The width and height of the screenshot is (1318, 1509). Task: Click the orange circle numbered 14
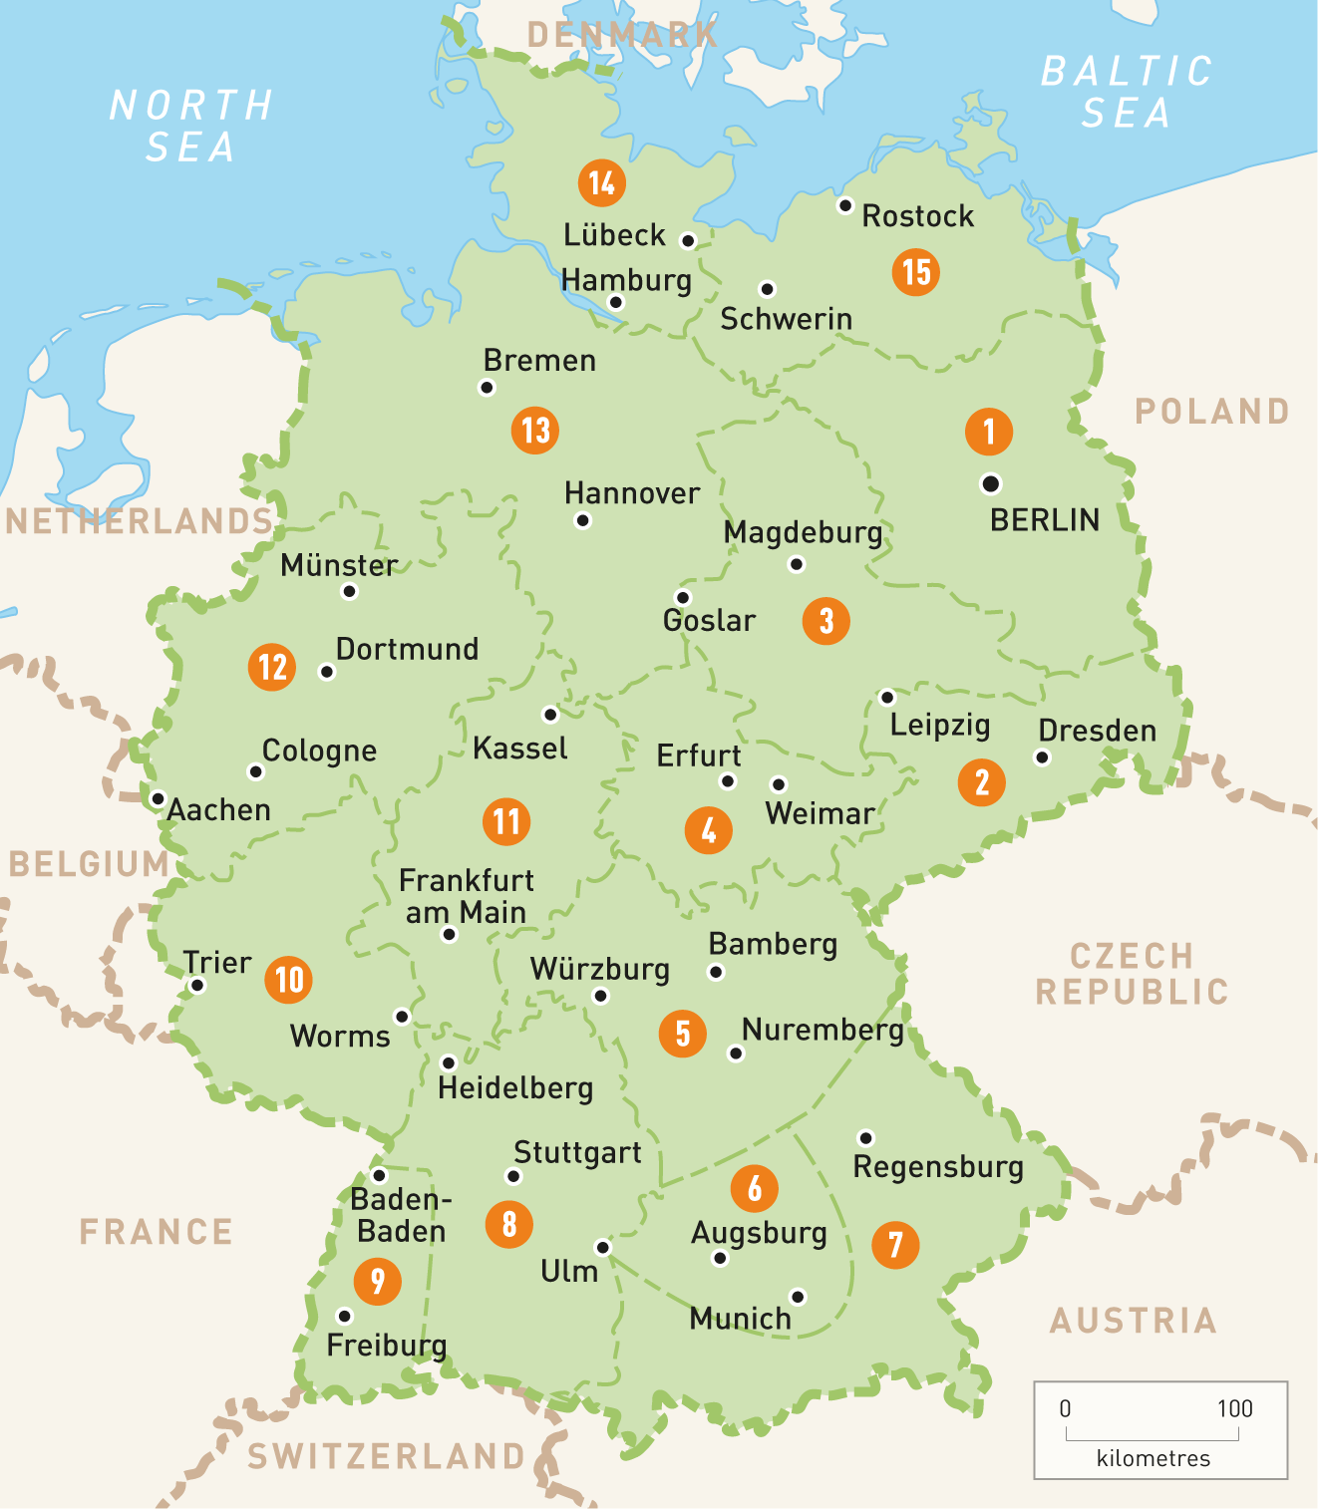pos(601,182)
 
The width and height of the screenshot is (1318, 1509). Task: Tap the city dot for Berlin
pos(990,483)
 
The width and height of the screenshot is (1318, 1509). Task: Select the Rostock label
pos(917,216)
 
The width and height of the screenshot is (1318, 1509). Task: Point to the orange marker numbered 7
pos(895,1244)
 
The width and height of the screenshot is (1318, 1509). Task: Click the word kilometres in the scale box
pos(1153,1458)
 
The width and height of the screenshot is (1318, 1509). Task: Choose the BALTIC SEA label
pos(1126,92)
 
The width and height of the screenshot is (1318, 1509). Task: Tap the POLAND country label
pos(1212,411)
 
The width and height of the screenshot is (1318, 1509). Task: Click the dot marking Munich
pos(798,1296)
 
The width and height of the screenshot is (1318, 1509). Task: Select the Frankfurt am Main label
pos(466,896)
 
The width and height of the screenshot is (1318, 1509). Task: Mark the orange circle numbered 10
pos(288,980)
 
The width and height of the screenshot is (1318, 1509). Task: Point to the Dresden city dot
pos(1042,757)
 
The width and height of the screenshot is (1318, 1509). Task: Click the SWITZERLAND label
pos(386,1456)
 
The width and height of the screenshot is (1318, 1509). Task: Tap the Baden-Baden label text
pos(401,1215)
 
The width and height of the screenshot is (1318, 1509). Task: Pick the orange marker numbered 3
pos(825,620)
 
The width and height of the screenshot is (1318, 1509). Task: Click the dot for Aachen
pos(158,798)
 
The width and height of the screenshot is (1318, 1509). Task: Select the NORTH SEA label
pos(190,126)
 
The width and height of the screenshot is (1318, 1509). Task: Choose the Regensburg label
pos(938,1166)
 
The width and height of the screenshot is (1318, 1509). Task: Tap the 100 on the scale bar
pos(1234,1408)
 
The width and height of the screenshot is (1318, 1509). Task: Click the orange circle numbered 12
pos(272,667)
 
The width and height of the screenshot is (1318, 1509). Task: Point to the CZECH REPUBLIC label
pos(1132,974)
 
